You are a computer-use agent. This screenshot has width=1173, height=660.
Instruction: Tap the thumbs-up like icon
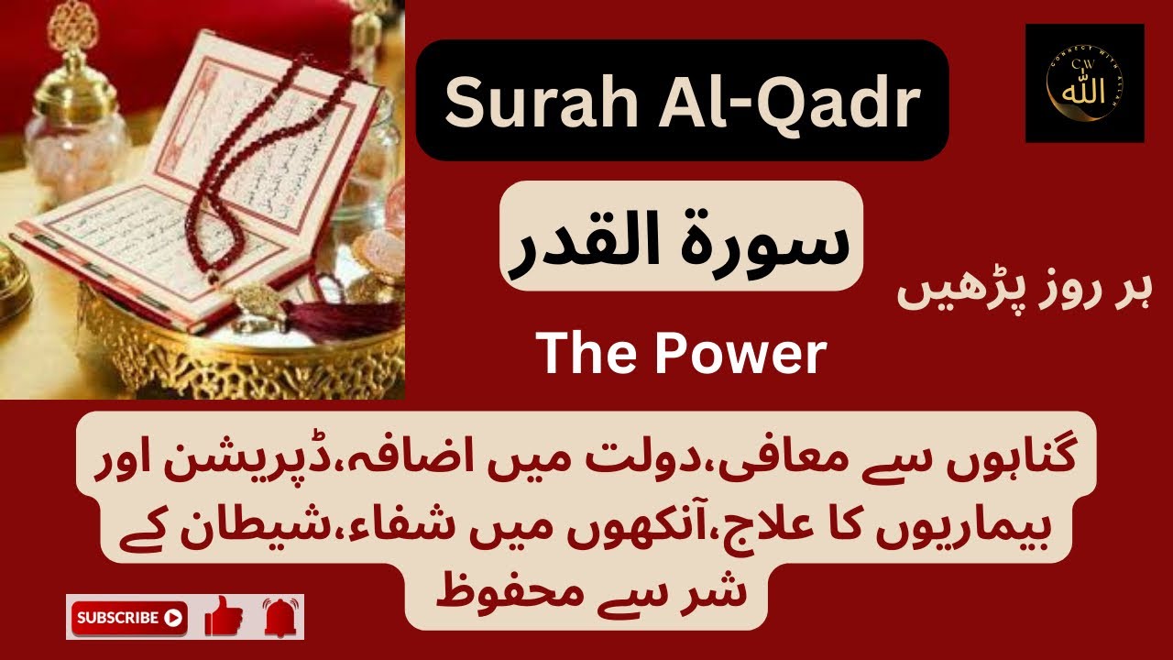(x=224, y=616)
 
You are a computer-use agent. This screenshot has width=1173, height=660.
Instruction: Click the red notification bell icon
(x=282, y=617)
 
